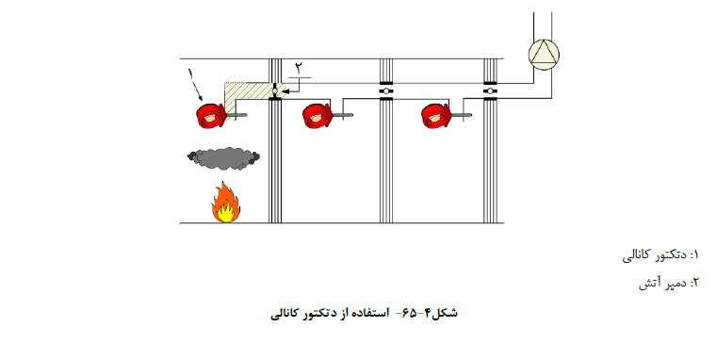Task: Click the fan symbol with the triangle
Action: pyautogui.click(x=544, y=55)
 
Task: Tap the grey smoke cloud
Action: pyautogui.click(x=223, y=157)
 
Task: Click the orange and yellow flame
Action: pyautogui.click(x=225, y=203)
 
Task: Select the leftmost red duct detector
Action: pyautogui.click(x=211, y=115)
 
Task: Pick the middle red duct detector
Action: pyautogui.click(x=317, y=115)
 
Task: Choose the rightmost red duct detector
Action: pyautogui.click(x=436, y=115)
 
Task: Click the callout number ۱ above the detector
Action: pyautogui.click(x=190, y=74)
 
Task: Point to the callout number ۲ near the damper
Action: pyautogui.click(x=299, y=68)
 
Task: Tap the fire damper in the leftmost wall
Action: pyautogui.click(x=275, y=91)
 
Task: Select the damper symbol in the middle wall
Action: pyautogui.click(x=386, y=91)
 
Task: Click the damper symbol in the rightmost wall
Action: pyautogui.click(x=490, y=91)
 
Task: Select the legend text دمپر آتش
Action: pyautogui.click(x=662, y=283)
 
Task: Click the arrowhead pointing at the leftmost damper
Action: pyautogui.click(x=284, y=91)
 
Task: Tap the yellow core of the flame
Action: pyautogui.click(x=225, y=214)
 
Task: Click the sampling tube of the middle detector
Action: pyautogui.click(x=342, y=115)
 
